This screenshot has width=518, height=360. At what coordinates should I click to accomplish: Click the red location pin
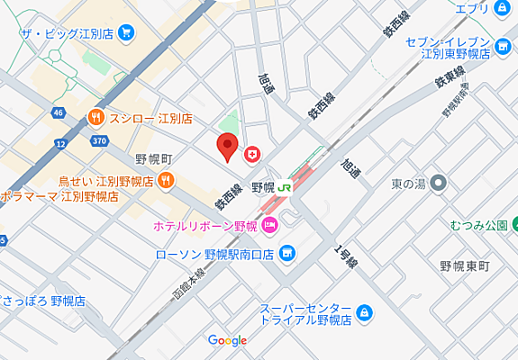pyautogui.click(x=229, y=146)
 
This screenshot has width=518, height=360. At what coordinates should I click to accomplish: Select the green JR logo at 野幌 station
pyautogui.click(x=285, y=187)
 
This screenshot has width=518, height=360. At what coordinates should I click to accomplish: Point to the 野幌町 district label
pyautogui.click(x=153, y=158)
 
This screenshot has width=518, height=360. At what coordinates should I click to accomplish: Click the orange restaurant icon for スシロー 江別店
pyautogui.click(x=95, y=118)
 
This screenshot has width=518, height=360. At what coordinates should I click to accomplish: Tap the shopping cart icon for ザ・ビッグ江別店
pyautogui.click(x=126, y=33)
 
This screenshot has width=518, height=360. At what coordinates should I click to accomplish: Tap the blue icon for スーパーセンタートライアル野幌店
pyautogui.click(x=364, y=313)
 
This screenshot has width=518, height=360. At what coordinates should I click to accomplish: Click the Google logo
pyautogui.click(x=227, y=340)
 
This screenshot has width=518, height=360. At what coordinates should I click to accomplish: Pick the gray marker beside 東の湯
pyautogui.click(x=439, y=184)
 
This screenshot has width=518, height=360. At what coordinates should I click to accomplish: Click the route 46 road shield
pyautogui.click(x=58, y=112)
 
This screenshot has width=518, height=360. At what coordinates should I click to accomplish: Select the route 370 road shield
pyautogui.click(x=98, y=141)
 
